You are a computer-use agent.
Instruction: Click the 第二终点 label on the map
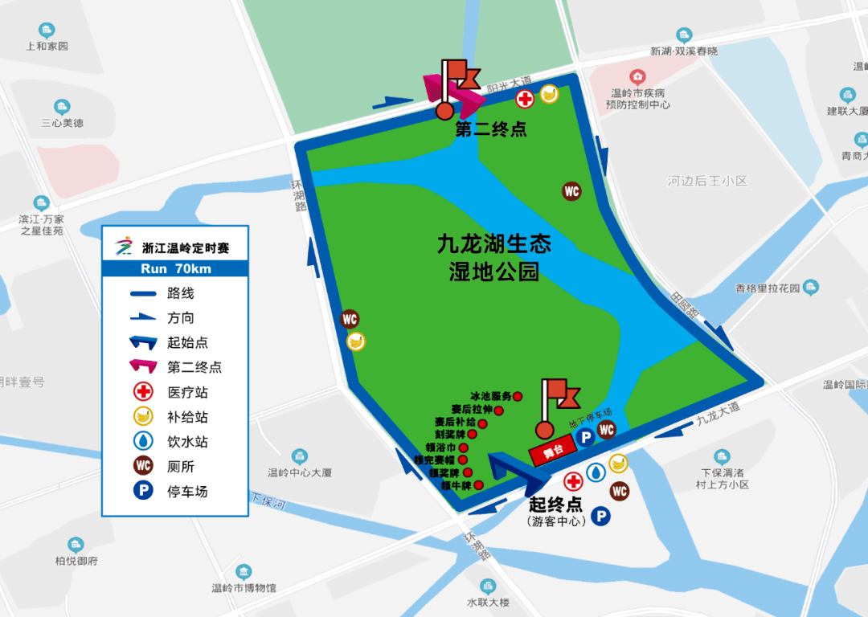[491, 129]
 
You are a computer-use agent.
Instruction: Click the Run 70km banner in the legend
[175, 269]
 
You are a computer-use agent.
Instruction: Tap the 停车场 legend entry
[187, 491]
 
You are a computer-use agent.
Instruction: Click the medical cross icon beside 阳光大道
[524, 100]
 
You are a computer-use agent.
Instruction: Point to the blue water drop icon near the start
[596, 472]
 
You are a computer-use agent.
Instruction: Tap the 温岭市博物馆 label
[244, 588]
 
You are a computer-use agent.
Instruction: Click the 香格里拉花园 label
[768, 288]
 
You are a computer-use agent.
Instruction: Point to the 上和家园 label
[47, 46]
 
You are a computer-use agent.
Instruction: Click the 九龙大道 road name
[718, 417]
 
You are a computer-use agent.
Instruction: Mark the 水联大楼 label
[488, 602]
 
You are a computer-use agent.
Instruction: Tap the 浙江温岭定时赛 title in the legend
[185, 247]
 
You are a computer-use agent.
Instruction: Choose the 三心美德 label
[62, 123]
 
